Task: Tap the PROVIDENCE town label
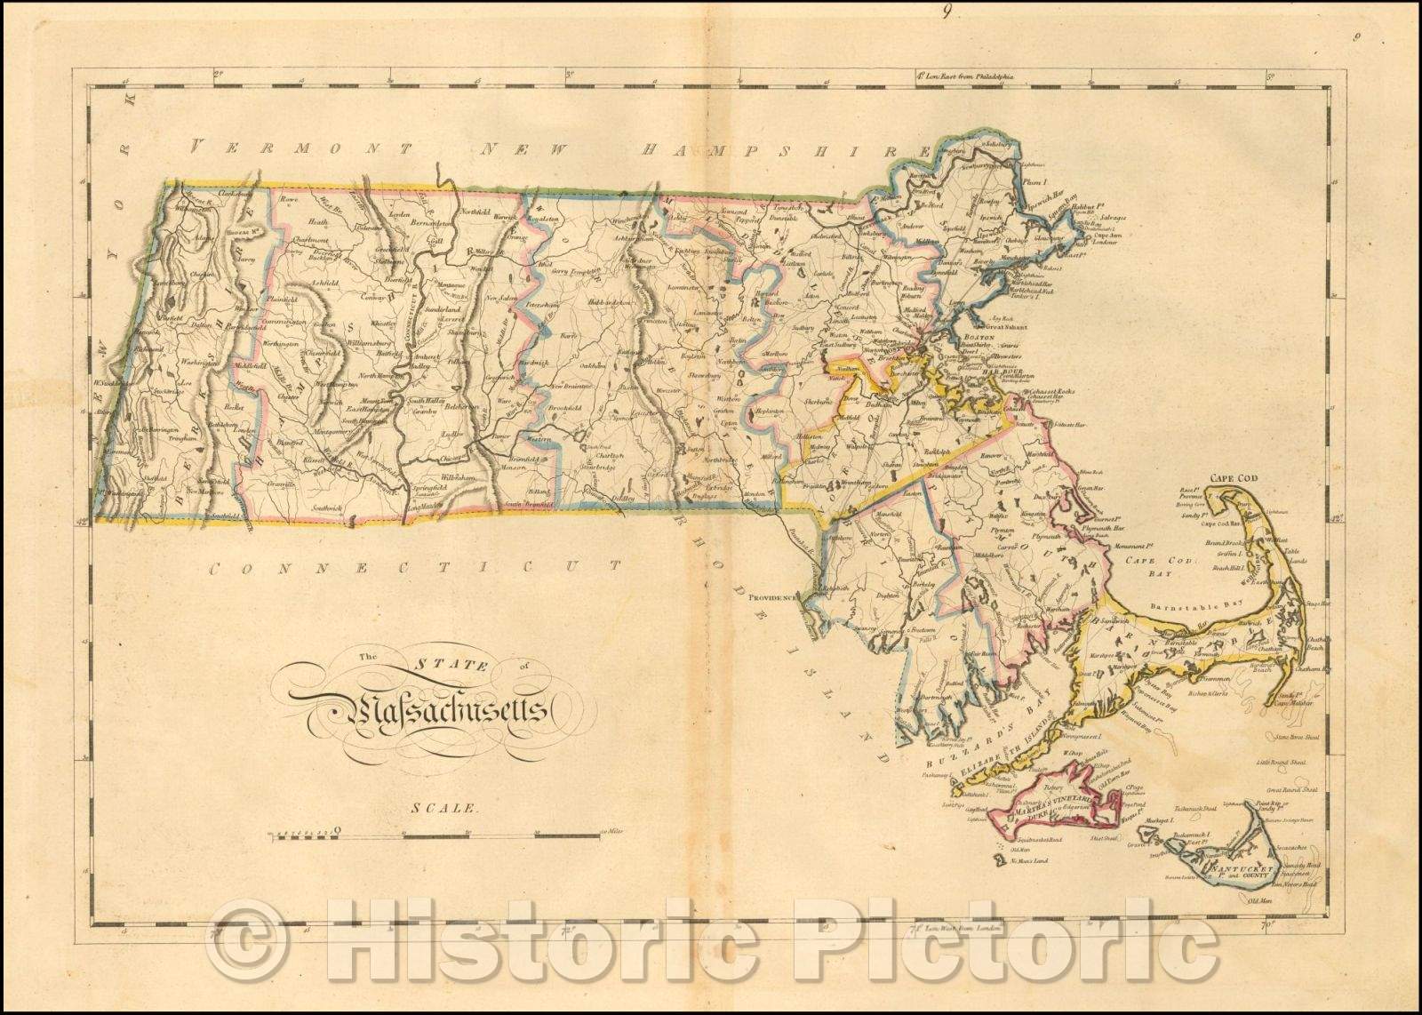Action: (772, 598)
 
